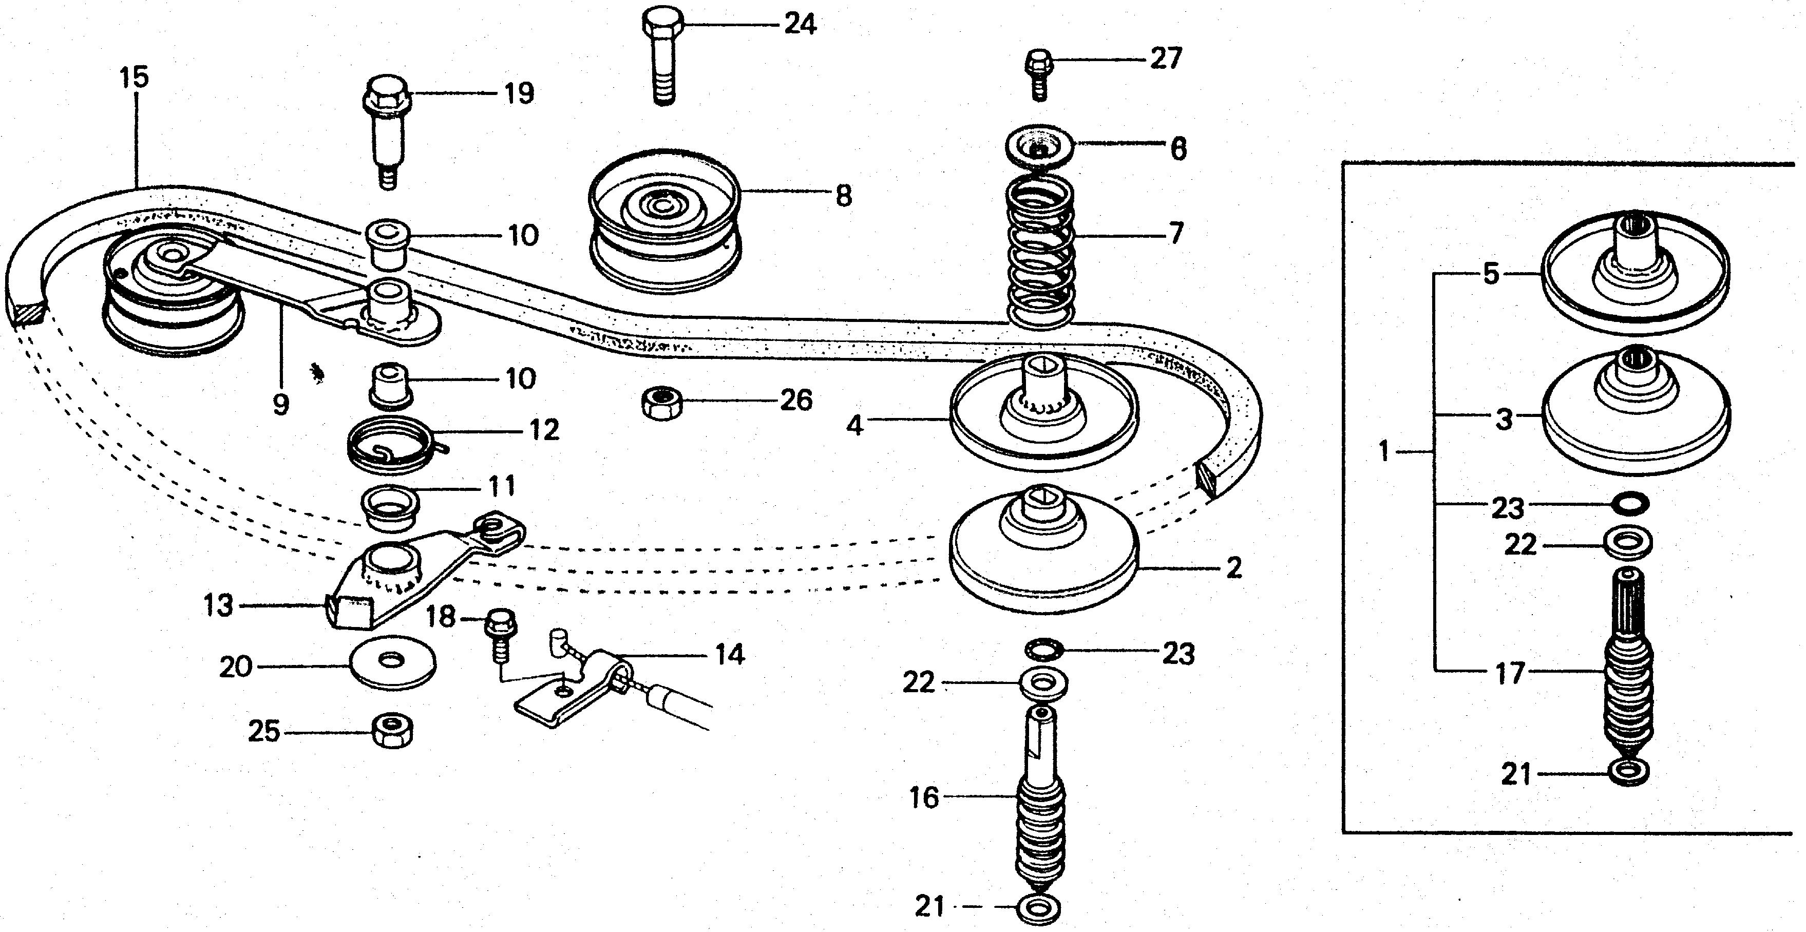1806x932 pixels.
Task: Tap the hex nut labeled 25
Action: point(393,731)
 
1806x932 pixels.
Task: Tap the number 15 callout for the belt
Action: point(135,77)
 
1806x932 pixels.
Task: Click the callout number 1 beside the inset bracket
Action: point(1384,452)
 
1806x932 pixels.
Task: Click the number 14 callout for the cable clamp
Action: point(729,655)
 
